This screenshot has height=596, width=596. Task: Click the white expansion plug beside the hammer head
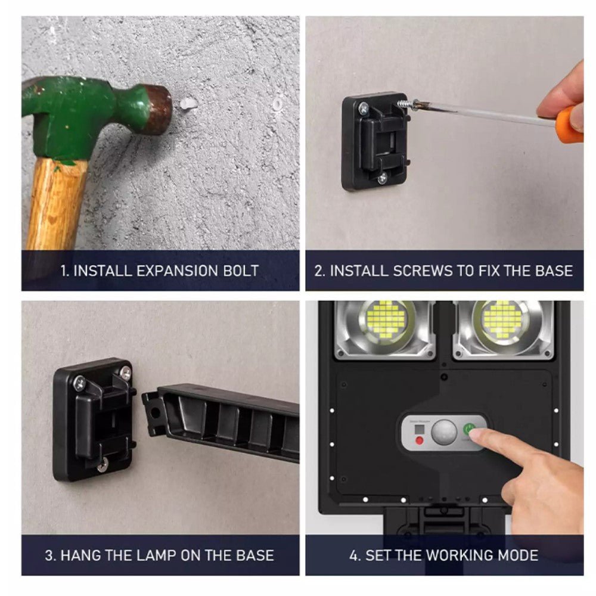pyautogui.click(x=188, y=104)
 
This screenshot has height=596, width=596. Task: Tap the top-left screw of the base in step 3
pyautogui.click(x=79, y=383)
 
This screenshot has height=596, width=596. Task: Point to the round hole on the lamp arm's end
pyautogui.click(x=155, y=412)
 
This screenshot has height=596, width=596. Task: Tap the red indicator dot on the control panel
pyautogui.click(x=420, y=441)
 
